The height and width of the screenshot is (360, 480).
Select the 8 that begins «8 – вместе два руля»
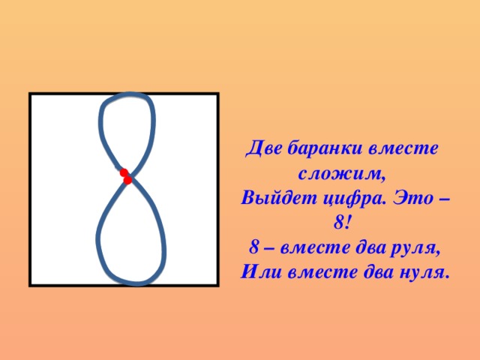tap(254, 248)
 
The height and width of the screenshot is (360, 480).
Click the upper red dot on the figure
tap(123, 173)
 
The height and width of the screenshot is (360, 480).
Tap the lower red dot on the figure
tap(127, 181)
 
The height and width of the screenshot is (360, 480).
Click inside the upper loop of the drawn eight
tap(127, 131)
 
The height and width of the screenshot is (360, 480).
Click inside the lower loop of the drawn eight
tap(130, 236)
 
